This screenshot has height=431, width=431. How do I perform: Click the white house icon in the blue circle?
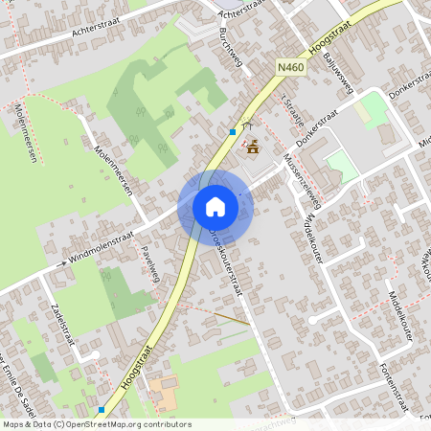pyautogui.click(x=215, y=207)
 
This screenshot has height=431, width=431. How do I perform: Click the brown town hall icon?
pyautogui.click(x=253, y=147)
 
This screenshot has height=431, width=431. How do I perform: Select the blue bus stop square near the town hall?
pyautogui.click(x=233, y=131)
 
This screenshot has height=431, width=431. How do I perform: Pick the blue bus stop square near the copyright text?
pyautogui.click(x=101, y=409)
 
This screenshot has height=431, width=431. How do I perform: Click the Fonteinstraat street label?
pyautogui.click(x=394, y=387)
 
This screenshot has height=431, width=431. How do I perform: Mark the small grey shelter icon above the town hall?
pyautogui.click(x=248, y=125)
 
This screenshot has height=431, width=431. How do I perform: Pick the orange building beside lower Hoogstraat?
pyautogui.click(x=163, y=391)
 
